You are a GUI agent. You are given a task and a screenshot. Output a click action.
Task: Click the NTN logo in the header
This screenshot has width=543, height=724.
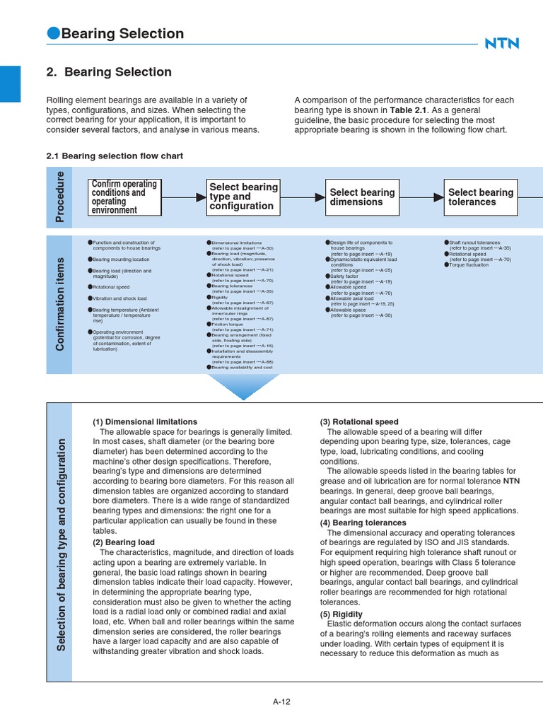coord(501,44)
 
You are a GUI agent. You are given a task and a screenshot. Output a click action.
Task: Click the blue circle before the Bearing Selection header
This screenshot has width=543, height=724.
coord(53,33)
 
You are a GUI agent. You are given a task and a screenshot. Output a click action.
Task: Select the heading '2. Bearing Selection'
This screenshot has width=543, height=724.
coord(109,72)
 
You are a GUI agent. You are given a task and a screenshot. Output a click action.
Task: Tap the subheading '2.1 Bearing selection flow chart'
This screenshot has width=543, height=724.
coord(115,156)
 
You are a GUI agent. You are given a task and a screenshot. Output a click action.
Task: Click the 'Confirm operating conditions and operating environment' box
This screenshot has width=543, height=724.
coord(124,197)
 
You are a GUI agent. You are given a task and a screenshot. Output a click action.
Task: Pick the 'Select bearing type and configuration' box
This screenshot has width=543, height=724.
coord(243,197)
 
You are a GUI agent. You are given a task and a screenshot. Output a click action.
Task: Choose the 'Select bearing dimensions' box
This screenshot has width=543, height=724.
coord(363,197)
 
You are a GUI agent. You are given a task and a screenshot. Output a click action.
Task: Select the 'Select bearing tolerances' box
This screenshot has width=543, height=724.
coord(481,197)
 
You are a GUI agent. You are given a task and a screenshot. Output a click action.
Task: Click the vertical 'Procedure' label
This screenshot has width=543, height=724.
coord(59,197)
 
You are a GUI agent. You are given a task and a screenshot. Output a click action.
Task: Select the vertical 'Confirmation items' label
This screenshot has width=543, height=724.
coord(59,303)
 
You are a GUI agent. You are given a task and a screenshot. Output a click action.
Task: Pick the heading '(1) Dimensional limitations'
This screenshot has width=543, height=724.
coord(145,422)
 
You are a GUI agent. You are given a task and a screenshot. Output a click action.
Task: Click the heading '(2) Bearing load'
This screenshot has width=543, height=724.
coord(124,542)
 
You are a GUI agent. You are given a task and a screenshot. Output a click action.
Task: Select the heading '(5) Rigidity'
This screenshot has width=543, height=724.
coord(342,614)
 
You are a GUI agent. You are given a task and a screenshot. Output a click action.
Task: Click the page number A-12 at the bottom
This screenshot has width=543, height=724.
coord(282,702)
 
